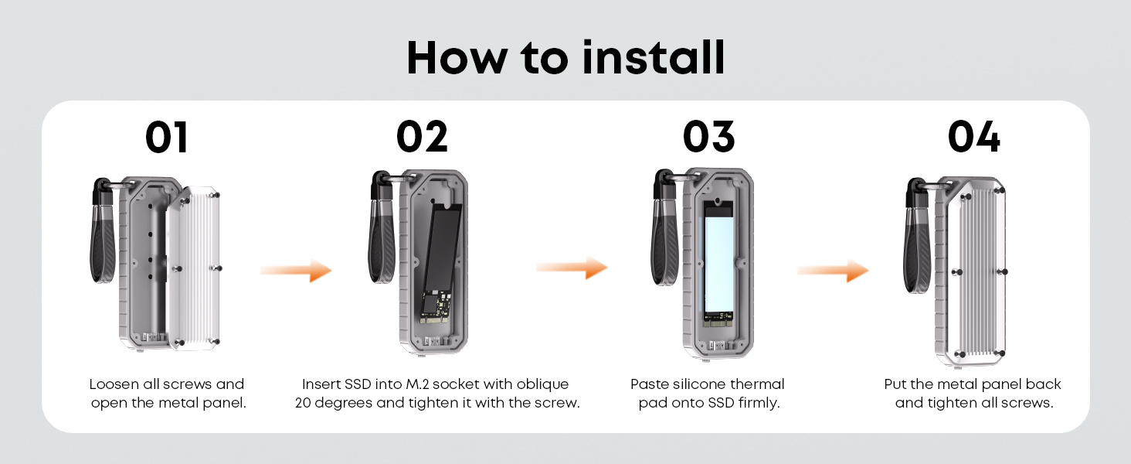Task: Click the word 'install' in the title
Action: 654,58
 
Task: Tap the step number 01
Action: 167,137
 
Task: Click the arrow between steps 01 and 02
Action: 296,271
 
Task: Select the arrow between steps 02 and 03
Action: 572,268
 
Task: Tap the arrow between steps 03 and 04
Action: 833,271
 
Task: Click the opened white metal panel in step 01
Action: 195,268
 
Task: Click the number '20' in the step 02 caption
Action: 303,404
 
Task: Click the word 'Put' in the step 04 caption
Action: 895,384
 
